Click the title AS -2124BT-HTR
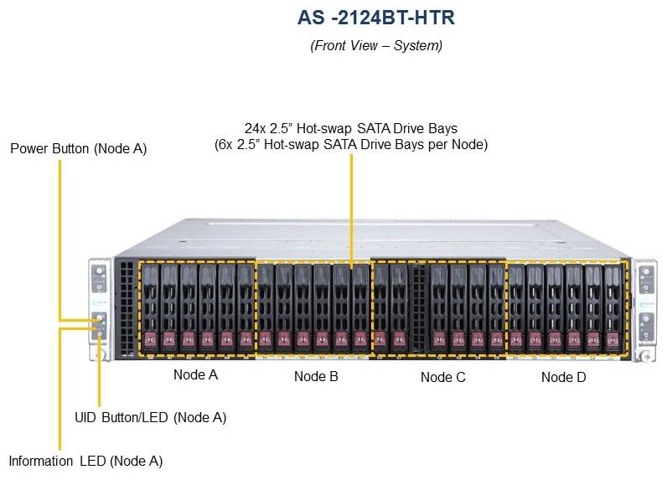[376, 18]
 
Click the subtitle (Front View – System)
[376, 46]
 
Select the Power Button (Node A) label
[78, 149]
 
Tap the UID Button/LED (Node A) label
[150, 416]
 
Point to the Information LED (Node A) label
[85, 461]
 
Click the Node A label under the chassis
[195, 374]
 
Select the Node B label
[316, 376]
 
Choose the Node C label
[442, 377]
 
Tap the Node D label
[563, 377]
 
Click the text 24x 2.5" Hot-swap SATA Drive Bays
[351, 129]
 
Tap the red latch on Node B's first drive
[266, 339]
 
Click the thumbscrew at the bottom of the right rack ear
[645, 355]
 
